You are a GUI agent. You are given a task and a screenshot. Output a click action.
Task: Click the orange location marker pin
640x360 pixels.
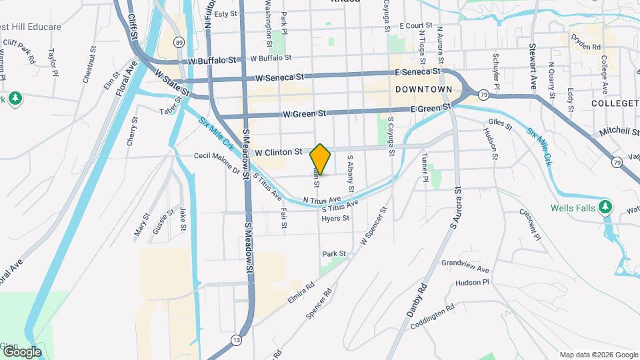coord(320,158)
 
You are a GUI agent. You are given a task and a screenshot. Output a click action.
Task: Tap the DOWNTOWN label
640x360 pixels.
coord(423,89)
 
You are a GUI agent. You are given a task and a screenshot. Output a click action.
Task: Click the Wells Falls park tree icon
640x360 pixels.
coord(605,207)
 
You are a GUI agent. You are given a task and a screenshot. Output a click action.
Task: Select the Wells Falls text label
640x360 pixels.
coord(572,208)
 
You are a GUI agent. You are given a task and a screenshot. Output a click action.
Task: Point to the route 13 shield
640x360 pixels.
coord(237,339)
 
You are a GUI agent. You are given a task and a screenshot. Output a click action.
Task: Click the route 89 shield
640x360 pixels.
coord(179,42)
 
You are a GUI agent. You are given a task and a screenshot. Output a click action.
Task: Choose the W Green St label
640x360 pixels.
coord(303,114)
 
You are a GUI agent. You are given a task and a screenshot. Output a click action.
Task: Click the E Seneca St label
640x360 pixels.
coord(417,71)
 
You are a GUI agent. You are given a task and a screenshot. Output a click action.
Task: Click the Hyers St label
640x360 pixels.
coord(335,219)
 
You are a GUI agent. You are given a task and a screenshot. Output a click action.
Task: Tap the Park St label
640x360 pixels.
coord(334,254)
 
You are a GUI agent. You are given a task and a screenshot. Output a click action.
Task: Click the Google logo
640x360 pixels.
coord(21,351)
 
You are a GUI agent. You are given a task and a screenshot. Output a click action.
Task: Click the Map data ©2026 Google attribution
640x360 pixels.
coord(598,355)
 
